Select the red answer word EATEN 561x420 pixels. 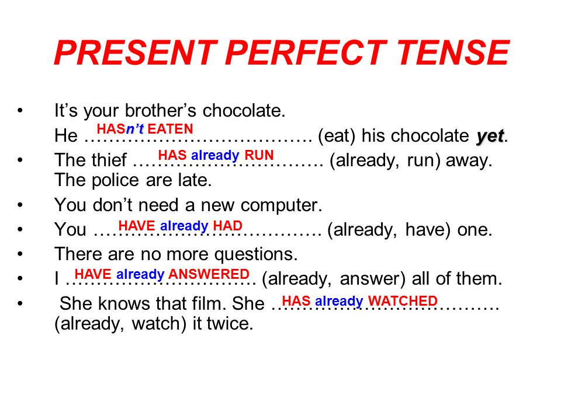pyautogui.click(x=170, y=128)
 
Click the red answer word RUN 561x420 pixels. pyautogui.click(x=259, y=155)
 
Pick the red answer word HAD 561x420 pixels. pyautogui.click(x=227, y=226)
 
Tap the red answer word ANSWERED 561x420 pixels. pyautogui.click(x=209, y=274)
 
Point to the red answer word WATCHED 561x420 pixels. pyautogui.click(x=403, y=301)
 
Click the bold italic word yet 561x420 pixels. pyautogui.click(x=490, y=136)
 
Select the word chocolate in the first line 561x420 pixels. pyautogui.click(x=244, y=110)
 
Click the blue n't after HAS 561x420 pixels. pyautogui.click(x=135, y=128)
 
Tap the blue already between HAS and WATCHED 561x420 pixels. pyautogui.click(x=339, y=302)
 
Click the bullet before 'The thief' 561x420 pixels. pyautogui.click(x=20, y=160)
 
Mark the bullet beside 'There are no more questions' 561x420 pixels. pyautogui.click(x=20, y=254)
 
